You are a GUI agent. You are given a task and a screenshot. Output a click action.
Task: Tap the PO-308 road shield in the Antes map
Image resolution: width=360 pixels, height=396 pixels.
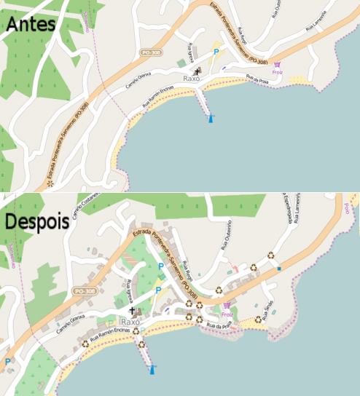[x=151, y=53]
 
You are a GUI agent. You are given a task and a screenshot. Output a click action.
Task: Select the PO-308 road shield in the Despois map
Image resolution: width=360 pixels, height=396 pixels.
[x=85, y=291]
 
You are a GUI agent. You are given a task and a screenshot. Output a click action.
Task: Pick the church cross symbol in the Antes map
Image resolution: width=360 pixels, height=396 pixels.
[x=199, y=71]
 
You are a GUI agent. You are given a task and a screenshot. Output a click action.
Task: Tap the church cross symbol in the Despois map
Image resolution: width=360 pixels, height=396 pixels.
[x=132, y=311]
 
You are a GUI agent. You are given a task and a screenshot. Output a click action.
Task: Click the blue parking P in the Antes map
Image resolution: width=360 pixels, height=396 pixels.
[x=216, y=52]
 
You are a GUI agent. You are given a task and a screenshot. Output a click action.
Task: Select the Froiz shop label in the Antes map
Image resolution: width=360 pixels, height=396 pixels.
[x=277, y=72]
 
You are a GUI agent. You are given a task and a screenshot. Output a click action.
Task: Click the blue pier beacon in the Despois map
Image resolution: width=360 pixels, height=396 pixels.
[x=153, y=370]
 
